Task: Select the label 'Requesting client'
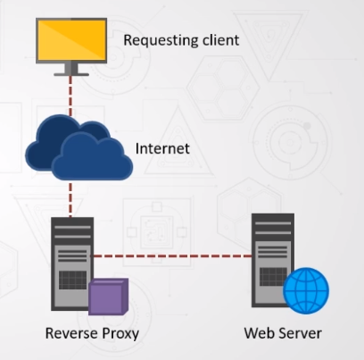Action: [181, 40]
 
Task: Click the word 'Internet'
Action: [162, 148]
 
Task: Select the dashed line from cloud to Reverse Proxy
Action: [70, 197]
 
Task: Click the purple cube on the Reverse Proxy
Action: [108, 297]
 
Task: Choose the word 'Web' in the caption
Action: [258, 334]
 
